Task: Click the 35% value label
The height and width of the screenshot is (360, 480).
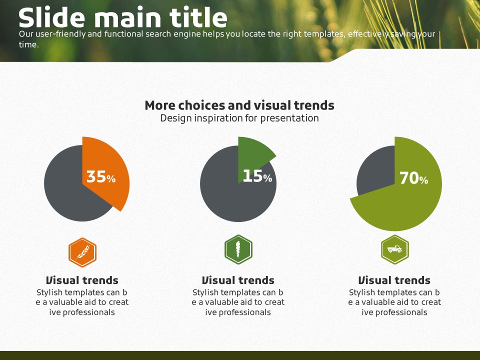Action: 101,177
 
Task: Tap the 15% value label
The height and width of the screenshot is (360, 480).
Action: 257,176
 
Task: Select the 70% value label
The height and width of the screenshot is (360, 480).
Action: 414,178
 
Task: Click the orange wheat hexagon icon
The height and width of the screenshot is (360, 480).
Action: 82,252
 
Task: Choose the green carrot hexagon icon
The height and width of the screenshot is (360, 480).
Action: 238,249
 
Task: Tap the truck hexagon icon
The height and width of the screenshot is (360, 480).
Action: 395,249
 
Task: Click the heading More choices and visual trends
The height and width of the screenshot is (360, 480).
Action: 239,105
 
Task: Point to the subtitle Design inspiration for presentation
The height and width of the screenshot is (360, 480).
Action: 239,118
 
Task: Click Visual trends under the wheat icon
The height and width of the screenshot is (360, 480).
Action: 82,280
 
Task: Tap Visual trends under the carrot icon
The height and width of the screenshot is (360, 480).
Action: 238,280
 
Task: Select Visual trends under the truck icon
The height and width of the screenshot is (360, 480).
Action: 394,280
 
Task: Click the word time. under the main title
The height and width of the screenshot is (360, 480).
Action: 29,44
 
